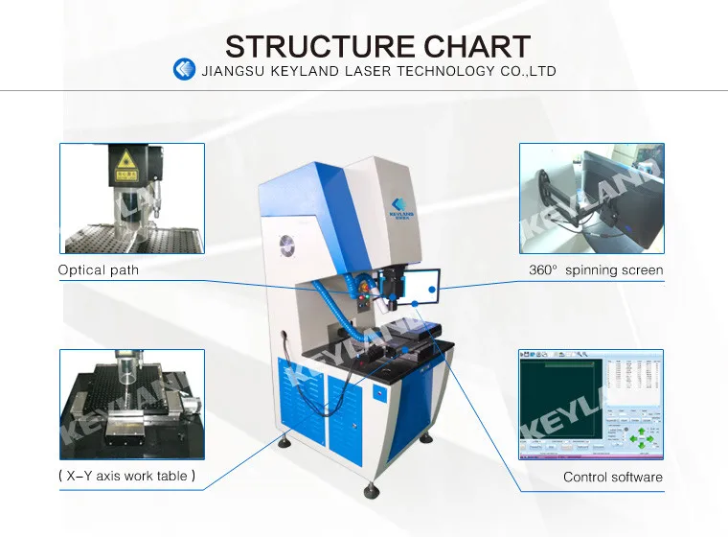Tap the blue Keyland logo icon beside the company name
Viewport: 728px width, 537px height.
(184, 70)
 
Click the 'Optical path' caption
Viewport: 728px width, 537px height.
(98, 270)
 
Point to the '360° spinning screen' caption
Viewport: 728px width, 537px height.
(596, 270)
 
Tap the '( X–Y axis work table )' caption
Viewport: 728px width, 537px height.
(126, 476)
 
